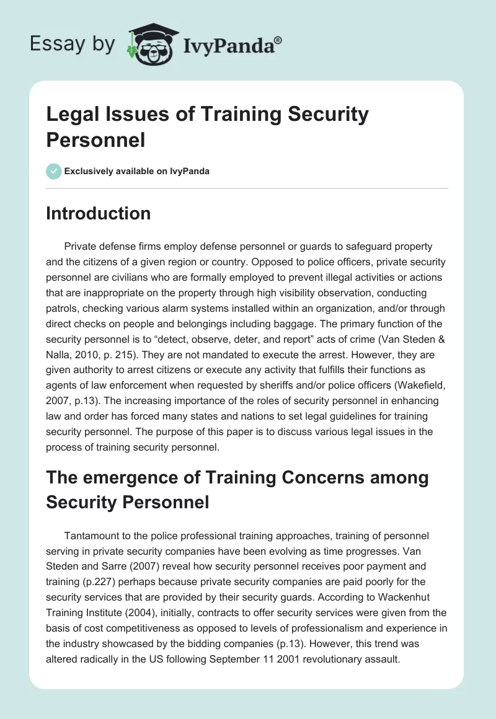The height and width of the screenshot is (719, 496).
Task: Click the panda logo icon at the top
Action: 151,43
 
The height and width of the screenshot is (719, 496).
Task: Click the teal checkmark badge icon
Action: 54,171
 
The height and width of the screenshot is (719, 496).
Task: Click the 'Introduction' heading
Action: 98,213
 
